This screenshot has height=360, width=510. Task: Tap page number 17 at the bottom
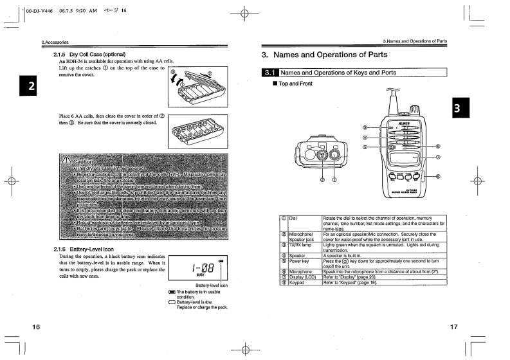point(453,327)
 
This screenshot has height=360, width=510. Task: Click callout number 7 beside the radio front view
point(438,157)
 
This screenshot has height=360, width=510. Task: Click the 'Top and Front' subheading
point(295,84)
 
